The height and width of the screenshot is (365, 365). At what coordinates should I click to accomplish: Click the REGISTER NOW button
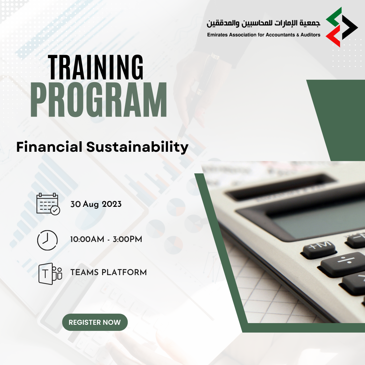point(95,322)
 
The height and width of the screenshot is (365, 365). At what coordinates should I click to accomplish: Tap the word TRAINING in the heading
point(95,67)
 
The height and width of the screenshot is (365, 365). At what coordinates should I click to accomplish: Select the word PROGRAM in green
point(99,100)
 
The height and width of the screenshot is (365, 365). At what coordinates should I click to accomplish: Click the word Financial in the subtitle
point(49,147)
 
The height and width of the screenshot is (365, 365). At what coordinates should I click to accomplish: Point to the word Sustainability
point(137,147)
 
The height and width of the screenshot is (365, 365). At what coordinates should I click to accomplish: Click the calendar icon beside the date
point(48,204)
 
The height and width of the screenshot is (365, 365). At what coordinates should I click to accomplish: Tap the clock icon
point(47,240)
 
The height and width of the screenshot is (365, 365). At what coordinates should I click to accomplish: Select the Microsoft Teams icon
point(50,274)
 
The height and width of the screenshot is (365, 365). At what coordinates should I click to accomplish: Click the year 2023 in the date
point(112,204)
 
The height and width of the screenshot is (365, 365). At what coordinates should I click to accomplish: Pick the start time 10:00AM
point(87,239)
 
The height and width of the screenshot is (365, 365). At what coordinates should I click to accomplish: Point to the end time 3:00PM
point(127,239)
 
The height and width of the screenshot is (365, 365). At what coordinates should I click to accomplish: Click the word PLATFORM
point(124,272)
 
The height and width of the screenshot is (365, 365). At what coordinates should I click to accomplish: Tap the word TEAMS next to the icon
point(85,272)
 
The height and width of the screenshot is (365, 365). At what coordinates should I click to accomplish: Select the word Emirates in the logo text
point(217,35)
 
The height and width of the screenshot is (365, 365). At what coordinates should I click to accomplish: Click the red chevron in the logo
point(333,36)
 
